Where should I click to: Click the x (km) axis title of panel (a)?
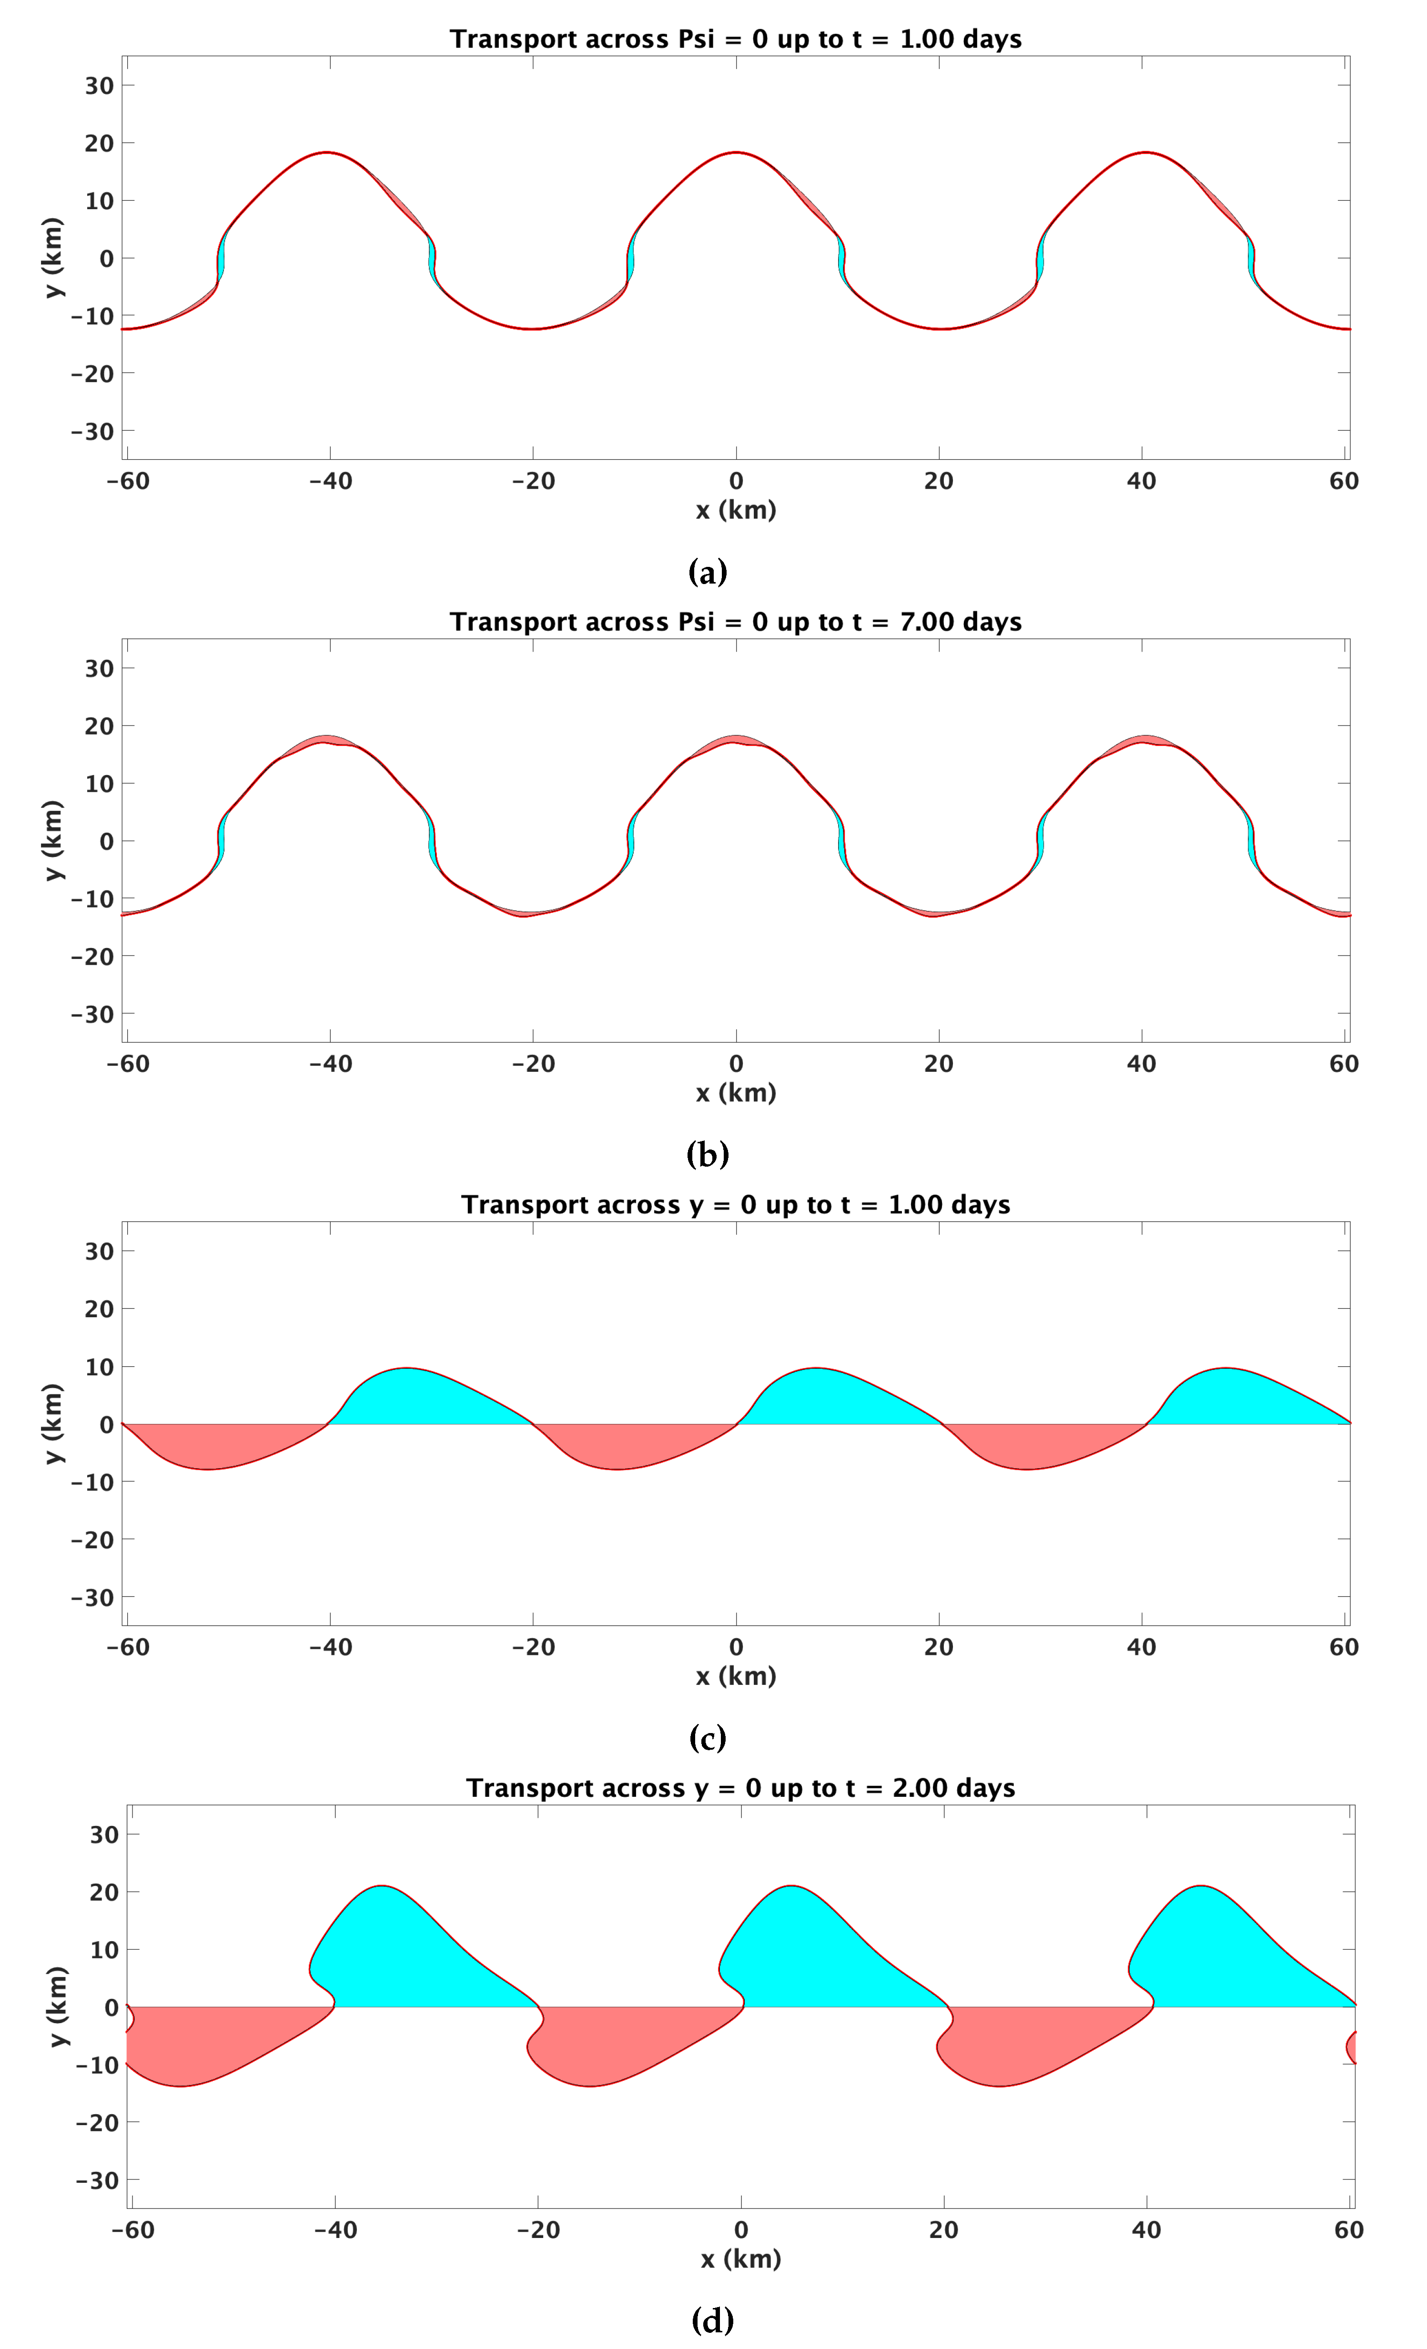point(736,511)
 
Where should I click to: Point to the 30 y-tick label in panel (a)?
point(99,86)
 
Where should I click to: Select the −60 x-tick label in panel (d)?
point(132,2231)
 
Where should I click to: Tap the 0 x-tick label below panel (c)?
point(736,1647)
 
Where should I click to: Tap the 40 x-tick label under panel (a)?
point(1141,482)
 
